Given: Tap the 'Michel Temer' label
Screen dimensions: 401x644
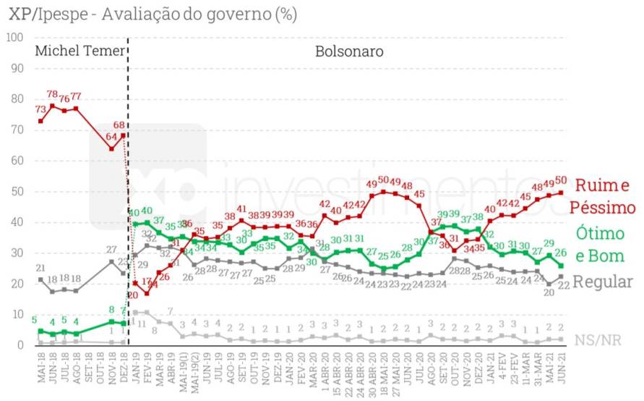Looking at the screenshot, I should (80, 51).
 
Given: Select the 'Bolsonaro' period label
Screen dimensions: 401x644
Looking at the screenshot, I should (349, 51).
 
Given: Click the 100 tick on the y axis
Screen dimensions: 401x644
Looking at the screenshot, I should (14, 37).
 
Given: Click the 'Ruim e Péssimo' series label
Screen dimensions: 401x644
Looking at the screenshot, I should (601, 197).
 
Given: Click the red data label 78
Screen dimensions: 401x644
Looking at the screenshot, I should (51, 95).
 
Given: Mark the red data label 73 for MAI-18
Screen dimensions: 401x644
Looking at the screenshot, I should (40, 109).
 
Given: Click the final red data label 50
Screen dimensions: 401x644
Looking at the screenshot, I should (560, 181).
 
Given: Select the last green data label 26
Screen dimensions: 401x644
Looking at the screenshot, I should (560, 253).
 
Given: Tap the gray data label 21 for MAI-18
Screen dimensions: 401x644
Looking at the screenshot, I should (40, 269).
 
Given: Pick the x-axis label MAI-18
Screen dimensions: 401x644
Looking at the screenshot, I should (40, 373).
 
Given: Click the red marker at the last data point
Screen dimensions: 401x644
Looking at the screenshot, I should (561, 192).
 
